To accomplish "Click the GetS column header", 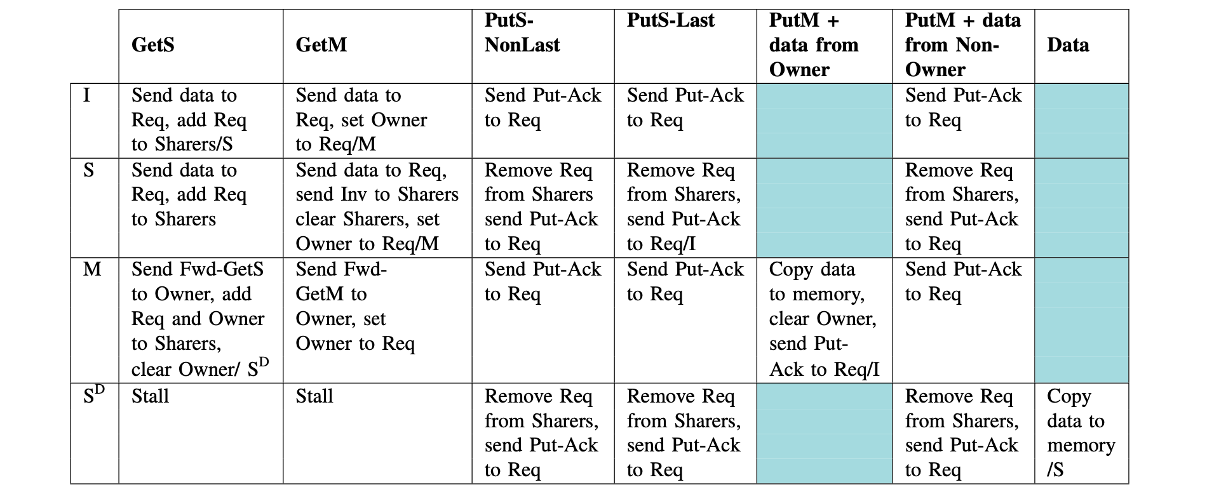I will coord(153,45).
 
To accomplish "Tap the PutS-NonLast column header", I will coord(522,33).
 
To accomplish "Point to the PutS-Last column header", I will coord(670,21).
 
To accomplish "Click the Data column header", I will coord(1068,45).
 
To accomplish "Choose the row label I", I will coord(87,96).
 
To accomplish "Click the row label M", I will coord(92,269).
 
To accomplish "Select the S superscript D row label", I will coord(93,396).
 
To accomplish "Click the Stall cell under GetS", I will coord(151,396).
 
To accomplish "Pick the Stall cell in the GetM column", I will coord(314,396).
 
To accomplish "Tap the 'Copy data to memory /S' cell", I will coord(1080,433).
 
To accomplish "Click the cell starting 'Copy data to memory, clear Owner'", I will coord(823,319).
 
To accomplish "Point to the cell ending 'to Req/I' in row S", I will coord(684,207).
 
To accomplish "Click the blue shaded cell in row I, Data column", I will coord(1081,121).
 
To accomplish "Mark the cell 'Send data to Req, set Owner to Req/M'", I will coord(361,120).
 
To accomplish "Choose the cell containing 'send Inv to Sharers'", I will coord(376,207).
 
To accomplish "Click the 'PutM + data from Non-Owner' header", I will coord(962,45).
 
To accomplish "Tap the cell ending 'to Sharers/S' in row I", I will coord(189,120).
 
